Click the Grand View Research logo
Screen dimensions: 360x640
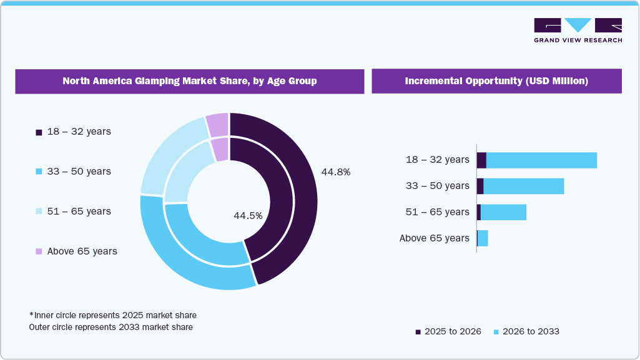coord(578,31)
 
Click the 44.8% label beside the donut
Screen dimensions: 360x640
coord(335,172)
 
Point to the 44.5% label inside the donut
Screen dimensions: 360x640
coord(248,215)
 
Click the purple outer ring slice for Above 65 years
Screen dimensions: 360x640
coord(217,125)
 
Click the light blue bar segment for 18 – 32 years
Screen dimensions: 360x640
coord(541,160)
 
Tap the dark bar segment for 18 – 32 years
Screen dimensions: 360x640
coord(481,160)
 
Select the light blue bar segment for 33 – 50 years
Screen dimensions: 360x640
coord(523,186)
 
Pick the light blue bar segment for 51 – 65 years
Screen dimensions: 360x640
coord(503,212)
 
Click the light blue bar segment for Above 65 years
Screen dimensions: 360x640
coord(483,238)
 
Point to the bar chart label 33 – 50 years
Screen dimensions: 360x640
coord(437,186)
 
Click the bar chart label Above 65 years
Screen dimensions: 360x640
coord(434,238)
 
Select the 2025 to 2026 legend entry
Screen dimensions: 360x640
coord(448,331)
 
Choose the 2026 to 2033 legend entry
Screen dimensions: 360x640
coord(526,331)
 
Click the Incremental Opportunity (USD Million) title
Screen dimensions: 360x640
coord(496,81)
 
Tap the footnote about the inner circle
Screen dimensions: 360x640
coord(113,315)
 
